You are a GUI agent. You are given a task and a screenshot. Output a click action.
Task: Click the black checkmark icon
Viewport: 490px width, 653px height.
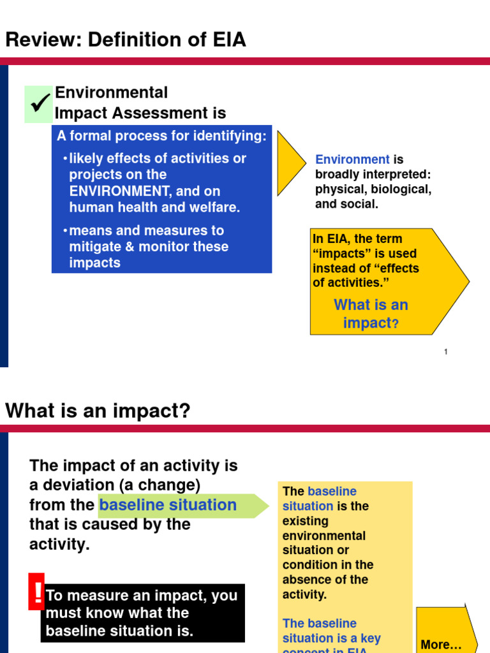(x=40, y=103)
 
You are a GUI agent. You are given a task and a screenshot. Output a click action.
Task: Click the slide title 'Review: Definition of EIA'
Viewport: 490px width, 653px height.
(x=126, y=40)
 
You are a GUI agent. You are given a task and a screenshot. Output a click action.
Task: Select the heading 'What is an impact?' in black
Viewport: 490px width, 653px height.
(x=98, y=411)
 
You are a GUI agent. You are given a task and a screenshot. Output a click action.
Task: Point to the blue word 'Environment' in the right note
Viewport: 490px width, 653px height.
(x=352, y=159)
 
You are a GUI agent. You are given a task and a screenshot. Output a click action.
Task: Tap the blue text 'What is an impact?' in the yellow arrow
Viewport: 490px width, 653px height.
(x=371, y=314)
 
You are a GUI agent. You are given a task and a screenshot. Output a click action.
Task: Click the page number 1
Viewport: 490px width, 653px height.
(x=446, y=351)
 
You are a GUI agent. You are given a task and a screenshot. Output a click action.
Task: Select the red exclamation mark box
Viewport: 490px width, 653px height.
(x=36, y=591)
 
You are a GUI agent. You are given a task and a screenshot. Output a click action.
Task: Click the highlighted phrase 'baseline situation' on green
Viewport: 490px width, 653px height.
(x=168, y=505)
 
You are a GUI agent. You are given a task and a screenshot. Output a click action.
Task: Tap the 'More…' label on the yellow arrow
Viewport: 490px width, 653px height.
(x=441, y=644)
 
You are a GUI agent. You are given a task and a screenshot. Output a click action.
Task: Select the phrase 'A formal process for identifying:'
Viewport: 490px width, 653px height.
(x=161, y=136)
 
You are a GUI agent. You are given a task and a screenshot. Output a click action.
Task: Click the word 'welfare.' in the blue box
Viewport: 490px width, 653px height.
(x=212, y=207)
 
